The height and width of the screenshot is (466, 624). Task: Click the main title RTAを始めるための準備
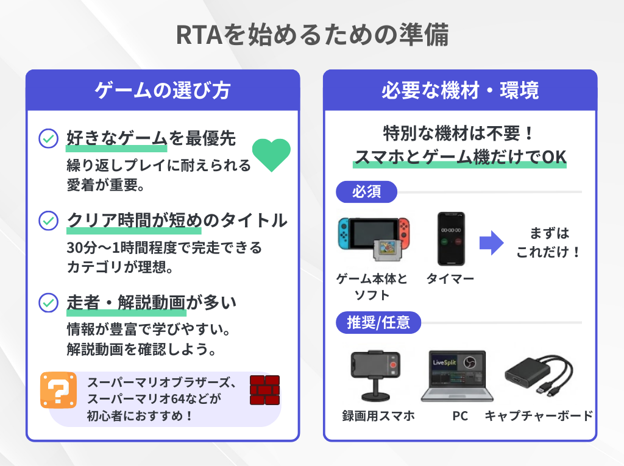pos(312,35)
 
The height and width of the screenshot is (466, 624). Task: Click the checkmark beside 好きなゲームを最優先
pos(48,139)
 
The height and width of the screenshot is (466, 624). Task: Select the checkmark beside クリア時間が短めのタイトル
pos(48,221)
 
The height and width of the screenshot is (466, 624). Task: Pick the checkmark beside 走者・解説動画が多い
pos(48,302)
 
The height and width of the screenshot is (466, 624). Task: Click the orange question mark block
pos(58,390)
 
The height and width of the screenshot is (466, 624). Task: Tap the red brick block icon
pos(264,390)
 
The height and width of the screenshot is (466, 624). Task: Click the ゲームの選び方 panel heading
pos(163,91)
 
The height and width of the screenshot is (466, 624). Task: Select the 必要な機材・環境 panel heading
pos(460,91)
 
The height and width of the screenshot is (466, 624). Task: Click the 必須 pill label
pos(367,192)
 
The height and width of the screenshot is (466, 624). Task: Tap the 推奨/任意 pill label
pos(378,322)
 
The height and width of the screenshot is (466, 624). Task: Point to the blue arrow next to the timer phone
pos(491,243)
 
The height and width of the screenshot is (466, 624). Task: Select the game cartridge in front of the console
pos(385,250)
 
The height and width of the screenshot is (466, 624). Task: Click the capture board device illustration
pos(536,376)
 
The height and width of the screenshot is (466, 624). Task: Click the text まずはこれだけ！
pos(548,242)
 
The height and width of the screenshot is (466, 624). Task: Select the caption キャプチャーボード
pos(538,416)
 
